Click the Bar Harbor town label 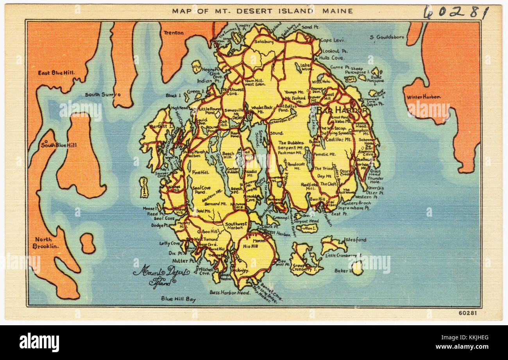[342, 110]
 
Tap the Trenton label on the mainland [173, 33]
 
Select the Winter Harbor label [424, 97]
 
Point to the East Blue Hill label [56, 73]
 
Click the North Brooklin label [46, 242]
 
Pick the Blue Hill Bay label [178, 299]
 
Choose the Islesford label [355, 239]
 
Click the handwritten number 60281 [456, 12]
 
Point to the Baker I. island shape [357, 268]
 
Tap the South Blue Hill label [59, 145]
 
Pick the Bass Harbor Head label [230, 292]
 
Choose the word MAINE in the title [337, 11]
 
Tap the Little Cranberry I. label [343, 255]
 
